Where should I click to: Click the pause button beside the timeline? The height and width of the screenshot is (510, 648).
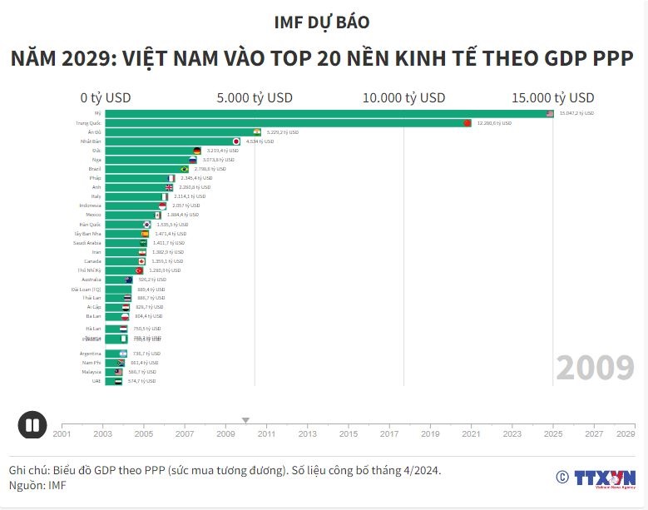[32, 425]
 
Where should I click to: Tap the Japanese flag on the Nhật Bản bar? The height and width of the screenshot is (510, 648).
[235, 141]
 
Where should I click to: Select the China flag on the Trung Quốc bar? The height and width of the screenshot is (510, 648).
[467, 123]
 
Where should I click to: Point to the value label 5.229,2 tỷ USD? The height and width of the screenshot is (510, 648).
[283, 132]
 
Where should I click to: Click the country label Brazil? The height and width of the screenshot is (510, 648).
[95, 169]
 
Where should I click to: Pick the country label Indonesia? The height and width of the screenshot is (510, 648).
[90, 205]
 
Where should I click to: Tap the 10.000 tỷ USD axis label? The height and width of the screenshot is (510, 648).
[403, 97]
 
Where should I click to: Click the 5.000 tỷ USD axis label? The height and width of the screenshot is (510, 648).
[255, 97]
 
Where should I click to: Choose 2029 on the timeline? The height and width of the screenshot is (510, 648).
[626, 433]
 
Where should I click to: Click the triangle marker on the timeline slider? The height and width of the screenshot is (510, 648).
[245, 420]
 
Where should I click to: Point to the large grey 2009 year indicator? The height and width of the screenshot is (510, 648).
[596, 367]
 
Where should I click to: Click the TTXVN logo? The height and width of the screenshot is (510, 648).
[596, 478]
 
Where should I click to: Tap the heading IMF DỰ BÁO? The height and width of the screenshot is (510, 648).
[323, 22]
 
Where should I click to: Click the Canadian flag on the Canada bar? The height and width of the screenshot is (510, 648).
[142, 261]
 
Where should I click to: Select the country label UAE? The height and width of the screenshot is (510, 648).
[96, 381]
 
